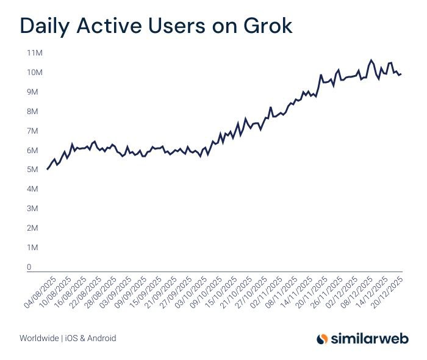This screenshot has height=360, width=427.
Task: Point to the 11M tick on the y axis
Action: (x=34, y=53)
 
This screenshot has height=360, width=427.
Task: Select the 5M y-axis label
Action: (x=34, y=170)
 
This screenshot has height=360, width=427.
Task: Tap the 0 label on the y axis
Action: (x=29, y=267)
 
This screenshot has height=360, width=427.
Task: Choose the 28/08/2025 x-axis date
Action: (x=102, y=288)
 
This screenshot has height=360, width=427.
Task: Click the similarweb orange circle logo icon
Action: (x=323, y=338)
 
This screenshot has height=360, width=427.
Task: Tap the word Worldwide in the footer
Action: (x=39, y=338)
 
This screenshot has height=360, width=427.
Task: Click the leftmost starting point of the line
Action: (x=47, y=169)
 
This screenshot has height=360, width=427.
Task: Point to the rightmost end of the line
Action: (x=401, y=74)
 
